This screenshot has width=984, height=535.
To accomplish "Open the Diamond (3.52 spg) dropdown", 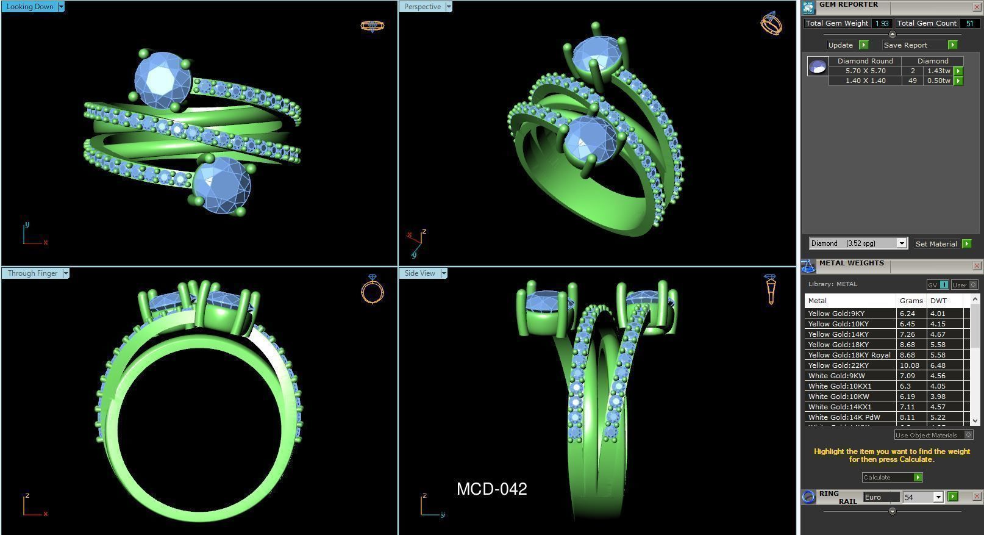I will (902, 243).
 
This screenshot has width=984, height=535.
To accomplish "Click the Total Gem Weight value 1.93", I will (881, 23).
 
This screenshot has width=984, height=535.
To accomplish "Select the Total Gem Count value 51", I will (969, 23).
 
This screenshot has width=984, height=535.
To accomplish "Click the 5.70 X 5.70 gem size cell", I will (865, 71).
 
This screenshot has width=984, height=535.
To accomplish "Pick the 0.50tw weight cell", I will (938, 81).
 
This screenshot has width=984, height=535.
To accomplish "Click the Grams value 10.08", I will (909, 365).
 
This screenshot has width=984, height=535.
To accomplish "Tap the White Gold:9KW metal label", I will (836, 376).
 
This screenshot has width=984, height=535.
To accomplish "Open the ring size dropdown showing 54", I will (938, 497).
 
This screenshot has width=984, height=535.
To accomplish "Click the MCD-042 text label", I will (491, 489).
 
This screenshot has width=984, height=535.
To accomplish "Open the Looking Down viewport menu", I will (61, 7).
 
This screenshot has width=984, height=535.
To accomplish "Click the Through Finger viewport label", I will (32, 273).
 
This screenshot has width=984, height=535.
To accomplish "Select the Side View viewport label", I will (419, 273).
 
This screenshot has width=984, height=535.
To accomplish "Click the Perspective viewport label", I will (422, 7).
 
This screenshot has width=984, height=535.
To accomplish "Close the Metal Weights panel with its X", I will (977, 265).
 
